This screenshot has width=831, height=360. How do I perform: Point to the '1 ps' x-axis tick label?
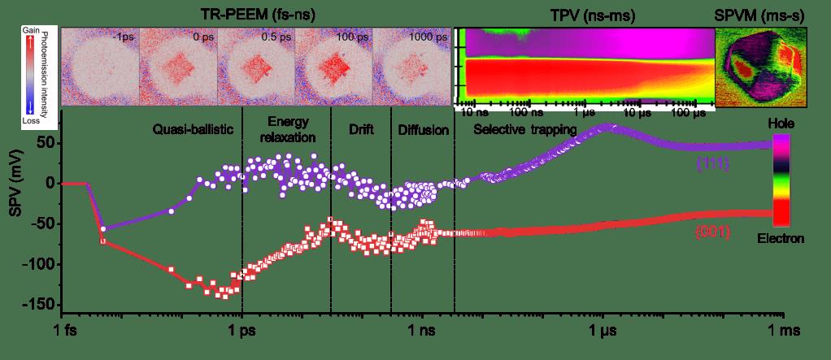(x=241, y=332)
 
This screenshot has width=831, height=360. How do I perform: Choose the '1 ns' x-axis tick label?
(x=422, y=332)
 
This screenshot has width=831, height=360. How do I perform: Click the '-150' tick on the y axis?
(x=38, y=305)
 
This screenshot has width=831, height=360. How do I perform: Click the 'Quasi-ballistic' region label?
(x=194, y=129)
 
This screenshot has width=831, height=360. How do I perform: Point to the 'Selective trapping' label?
(x=525, y=129)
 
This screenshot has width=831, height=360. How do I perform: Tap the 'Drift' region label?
(x=360, y=129)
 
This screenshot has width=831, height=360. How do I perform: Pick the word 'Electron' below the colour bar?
(x=781, y=238)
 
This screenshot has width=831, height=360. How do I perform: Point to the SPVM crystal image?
(x=760, y=67)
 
